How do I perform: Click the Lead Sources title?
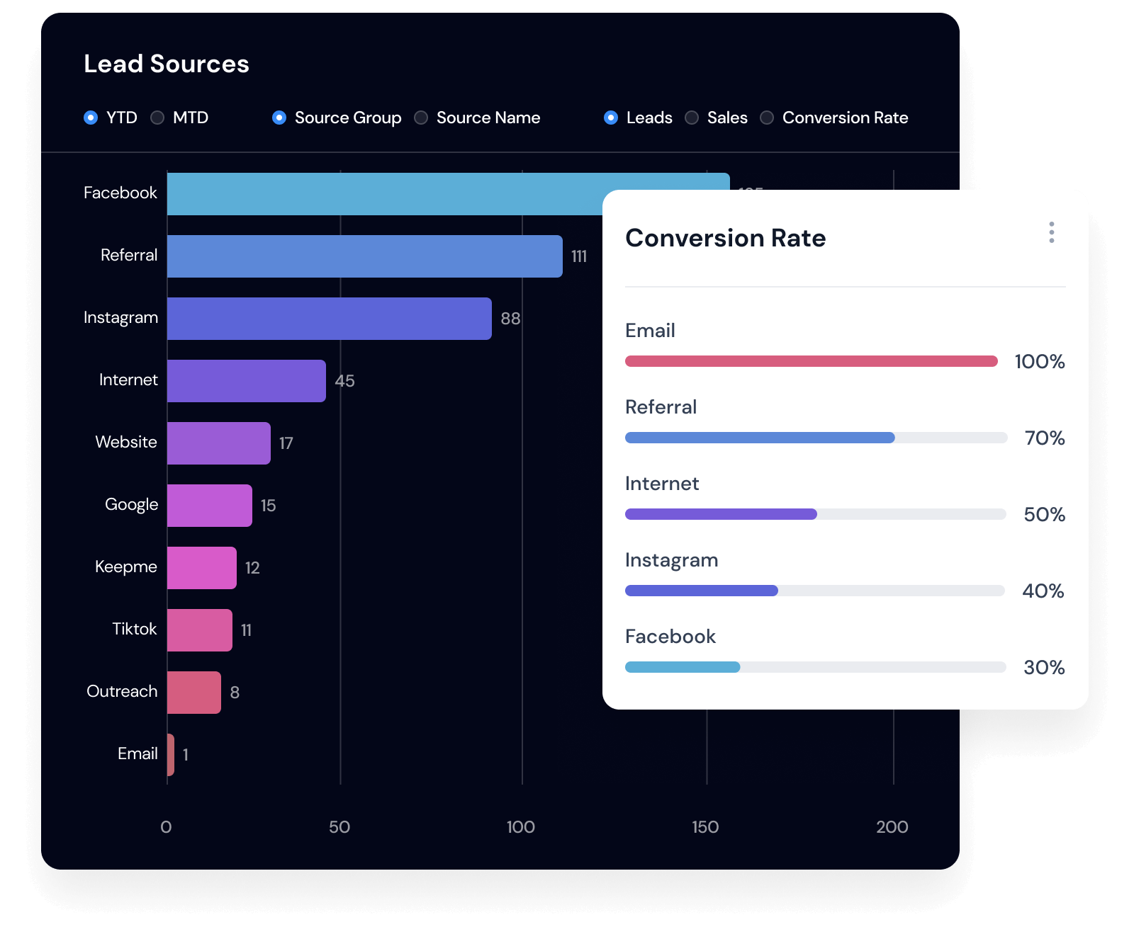coord(167,64)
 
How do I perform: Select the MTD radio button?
coord(157,118)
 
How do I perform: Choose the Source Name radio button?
coord(421,118)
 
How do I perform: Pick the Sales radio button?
coord(692,118)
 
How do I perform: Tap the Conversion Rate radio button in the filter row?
coord(767,118)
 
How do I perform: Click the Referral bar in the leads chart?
coord(364,256)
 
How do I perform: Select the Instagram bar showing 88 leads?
coord(329,319)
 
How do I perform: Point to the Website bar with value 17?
coord(218,443)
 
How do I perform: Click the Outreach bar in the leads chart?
coord(193,693)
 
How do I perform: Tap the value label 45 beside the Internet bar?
coord(344,381)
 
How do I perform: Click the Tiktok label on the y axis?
coord(134,629)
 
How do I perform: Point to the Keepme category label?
coord(125,567)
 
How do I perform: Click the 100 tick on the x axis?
coord(520,827)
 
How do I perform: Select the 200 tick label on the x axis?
coord(892,827)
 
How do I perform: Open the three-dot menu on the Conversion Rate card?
coord(1051,232)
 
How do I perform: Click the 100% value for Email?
coord(1039,362)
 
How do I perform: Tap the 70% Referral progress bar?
coord(815,438)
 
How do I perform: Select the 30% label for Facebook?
coord(1043,668)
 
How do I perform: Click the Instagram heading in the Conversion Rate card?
coord(671,560)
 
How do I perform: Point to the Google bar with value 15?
coord(209,506)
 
